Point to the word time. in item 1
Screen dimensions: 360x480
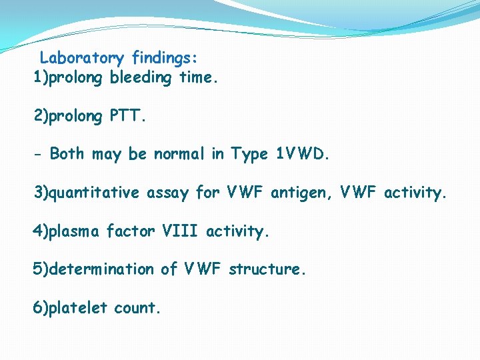pos(198,77)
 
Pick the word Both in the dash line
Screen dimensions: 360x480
pos(67,154)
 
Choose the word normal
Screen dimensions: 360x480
pos(180,154)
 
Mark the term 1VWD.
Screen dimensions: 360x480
pos(302,154)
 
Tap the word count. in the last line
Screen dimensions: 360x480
pos(138,308)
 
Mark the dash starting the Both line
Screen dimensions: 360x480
pos(39,155)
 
